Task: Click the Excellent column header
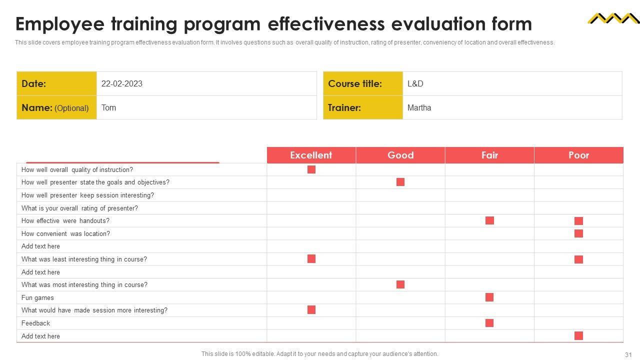pyautogui.click(x=311, y=155)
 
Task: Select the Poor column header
pyautogui.click(x=578, y=155)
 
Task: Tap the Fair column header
pyautogui.click(x=489, y=155)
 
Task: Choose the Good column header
pyautogui.click(x=400, y=155)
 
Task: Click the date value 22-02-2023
pyautogui.click(x=121, y=83)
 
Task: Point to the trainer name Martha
pyautogui.click(x=419, y=107)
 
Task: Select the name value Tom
pyautogui.click(x=108, y=107)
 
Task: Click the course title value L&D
pyautogui.click(x=415, y=83)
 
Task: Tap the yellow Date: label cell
pyautogui.click(x=56, y=83)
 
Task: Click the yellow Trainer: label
pyautogui.click(x=363, y=107)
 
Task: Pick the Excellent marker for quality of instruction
pyautogui.click(x=311, y=169)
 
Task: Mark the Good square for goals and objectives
pyautogui.click(x=400, y=182)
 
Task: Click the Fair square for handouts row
pyautogui.click(x=489, y=220)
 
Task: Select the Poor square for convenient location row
pyautogui.click(x=578, y=233)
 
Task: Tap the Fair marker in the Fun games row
pyautogui.click(x=489, y=297)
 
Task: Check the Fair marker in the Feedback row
pyautogui.click(x=489, y=323)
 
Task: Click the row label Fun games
pyautogui.click(x=37, y=297)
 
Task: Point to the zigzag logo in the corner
pyautogui.click(x=613, y=18)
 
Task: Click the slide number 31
pyautogui.click(x=628, y=354)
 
